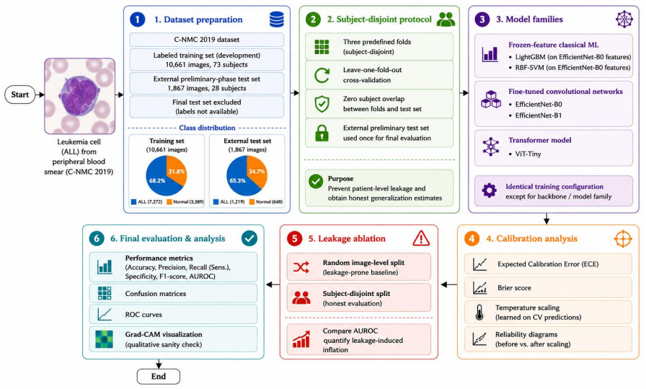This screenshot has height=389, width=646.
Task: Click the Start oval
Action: [19, 95]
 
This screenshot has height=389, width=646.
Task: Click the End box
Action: [158, 376]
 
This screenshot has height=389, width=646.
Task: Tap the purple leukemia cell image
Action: [80, 96]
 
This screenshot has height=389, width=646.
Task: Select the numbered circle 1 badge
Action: [137, 19]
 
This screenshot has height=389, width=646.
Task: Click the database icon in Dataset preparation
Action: [276, 19]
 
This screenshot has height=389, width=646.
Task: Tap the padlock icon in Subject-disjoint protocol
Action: [322, 134]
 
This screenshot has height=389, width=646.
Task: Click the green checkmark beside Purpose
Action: [316, 181]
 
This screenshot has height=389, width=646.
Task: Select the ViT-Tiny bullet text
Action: [528, 154]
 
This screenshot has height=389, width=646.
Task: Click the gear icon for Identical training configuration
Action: [490, 191]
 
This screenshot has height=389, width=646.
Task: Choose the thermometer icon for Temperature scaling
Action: [479, 312]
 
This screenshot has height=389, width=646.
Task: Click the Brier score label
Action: [514, 288]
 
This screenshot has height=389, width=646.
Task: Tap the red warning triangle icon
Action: [421, 238]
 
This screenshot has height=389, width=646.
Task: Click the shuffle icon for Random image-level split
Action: [301, 267]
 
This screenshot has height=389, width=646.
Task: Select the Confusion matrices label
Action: [155, 294]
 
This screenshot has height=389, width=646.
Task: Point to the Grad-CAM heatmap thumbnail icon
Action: [104, 339]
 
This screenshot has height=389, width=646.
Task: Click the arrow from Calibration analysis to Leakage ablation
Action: [449, 284]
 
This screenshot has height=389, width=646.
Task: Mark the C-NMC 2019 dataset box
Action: [206, 40]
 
